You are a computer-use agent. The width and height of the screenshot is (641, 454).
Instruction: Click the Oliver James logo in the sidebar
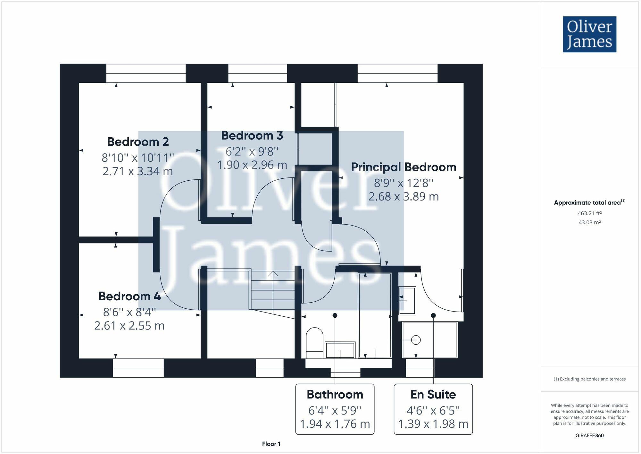coord(589,34)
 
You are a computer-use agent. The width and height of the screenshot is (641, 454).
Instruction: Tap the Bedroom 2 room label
coord(138,141)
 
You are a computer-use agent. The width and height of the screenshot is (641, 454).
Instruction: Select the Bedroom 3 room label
coord(252,135)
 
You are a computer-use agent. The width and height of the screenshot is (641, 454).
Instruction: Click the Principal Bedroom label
coord(404,167)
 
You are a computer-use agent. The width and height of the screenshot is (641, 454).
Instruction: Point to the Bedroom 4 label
coord(129,296)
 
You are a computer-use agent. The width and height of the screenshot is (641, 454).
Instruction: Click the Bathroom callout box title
coord(335,394)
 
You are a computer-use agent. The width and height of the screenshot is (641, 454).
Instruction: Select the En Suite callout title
coord(433,394)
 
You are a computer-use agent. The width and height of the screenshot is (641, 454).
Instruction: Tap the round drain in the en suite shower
coord(416,340)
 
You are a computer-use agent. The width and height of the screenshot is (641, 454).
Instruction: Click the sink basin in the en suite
coord(407,300)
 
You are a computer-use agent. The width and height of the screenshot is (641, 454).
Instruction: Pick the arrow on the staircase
coord(273,274)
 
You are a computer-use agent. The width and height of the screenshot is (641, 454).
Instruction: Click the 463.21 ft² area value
coord(589,213)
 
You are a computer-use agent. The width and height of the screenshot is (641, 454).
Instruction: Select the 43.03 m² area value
coord(589,222)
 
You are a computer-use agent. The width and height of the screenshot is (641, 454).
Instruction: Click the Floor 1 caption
coord(271,444)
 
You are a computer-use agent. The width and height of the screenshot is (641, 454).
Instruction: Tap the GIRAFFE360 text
coord(589,435)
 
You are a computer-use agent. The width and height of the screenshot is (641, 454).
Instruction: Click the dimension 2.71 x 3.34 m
coord(138,171)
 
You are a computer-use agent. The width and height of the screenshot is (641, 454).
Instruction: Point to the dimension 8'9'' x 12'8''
coord(404,183)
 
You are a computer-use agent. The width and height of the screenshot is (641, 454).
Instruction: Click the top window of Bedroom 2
coord(146,73)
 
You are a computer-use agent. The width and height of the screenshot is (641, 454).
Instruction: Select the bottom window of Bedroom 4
coord(138,368)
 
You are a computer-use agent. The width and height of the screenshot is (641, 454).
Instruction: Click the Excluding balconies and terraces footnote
coord(589,379)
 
